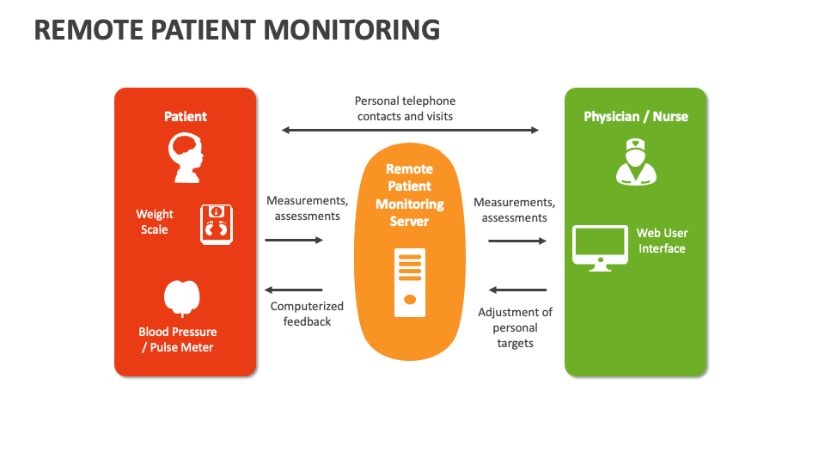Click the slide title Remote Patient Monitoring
[237, 29]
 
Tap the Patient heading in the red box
[186, 116]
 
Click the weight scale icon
[216, 224]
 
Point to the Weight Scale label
[155, 222]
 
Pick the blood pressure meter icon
[182, 298]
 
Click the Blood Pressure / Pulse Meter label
[178, 339]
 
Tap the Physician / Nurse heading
[636, 116]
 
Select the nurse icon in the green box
[636, 163]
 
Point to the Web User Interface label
[662, 241]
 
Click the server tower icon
[410, 282]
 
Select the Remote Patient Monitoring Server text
[410, 195]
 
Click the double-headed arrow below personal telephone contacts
[410, 131]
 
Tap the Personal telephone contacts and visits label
[406, 108]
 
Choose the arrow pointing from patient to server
[294, 241]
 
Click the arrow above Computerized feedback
[294, 290]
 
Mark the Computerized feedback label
[307, 314]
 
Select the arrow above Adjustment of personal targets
[517, 290]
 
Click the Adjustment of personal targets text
[515, 327]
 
